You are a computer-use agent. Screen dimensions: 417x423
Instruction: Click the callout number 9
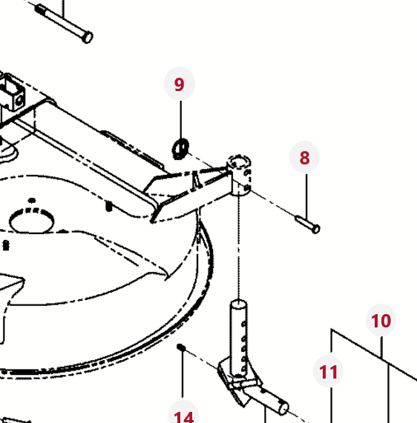180,84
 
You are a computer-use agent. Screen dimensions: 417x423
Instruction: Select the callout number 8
304,158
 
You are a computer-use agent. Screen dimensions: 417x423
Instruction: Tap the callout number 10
381,321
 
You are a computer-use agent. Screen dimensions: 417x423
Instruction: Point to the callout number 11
329,372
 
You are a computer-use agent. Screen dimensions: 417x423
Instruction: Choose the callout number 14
184,417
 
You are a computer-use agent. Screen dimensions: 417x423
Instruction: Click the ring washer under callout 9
180,149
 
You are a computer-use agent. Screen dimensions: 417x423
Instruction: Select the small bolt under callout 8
308,224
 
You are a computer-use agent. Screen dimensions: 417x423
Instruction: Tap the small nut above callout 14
181,347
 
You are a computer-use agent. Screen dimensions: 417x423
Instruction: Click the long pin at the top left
64,24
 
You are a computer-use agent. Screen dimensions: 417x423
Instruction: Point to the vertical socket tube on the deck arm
240,175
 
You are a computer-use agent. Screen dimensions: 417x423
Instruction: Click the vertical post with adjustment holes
238,339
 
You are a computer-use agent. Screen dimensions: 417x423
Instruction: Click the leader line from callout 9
181,120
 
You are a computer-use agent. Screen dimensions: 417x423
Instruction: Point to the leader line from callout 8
306,196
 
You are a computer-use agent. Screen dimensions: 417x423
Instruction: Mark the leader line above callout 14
183,374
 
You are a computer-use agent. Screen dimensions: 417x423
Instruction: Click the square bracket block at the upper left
12,93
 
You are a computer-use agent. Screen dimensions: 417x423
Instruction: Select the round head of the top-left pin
88,38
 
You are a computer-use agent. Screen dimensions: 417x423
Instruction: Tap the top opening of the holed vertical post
238,304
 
